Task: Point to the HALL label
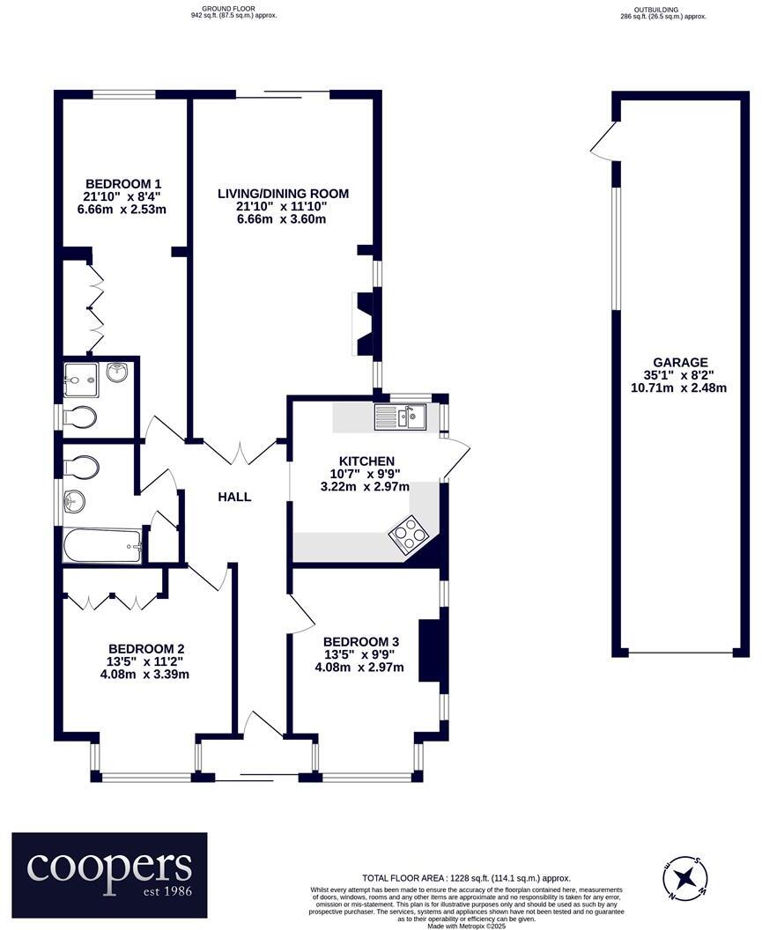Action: point(234,497)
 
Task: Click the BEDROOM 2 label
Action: point(146,648)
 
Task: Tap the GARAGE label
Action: point(679,362)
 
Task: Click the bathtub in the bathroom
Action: point(102,546)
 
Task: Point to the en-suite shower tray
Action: point(83,379)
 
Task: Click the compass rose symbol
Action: point(684,878)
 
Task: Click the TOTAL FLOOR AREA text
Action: point(466,878)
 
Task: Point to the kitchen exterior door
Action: point(456,457)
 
